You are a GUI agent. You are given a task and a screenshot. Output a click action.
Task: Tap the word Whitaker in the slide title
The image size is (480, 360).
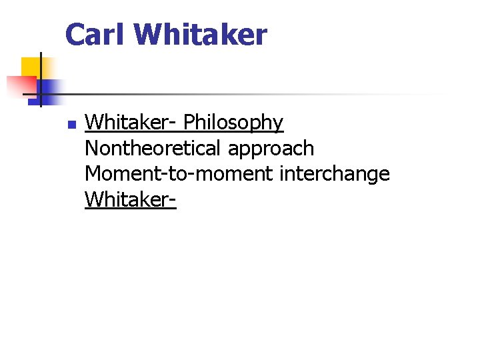[x=201, y=35]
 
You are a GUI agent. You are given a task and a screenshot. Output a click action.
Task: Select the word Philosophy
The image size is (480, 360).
[x=233, y=123]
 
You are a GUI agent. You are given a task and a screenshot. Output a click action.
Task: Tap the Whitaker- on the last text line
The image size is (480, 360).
[x=130, y=199]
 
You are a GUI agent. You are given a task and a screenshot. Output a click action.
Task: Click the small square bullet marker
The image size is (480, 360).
[x=71, y=124]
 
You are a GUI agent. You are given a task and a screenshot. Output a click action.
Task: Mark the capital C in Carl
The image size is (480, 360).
[x=75, y=35]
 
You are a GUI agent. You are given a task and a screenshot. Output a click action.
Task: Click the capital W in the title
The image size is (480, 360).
[x=148, y=35]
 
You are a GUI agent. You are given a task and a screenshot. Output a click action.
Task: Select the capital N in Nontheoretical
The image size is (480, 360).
[x=92, y=148]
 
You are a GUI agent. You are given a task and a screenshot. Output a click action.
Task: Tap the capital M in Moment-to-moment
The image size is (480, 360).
[x=93, y=173]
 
